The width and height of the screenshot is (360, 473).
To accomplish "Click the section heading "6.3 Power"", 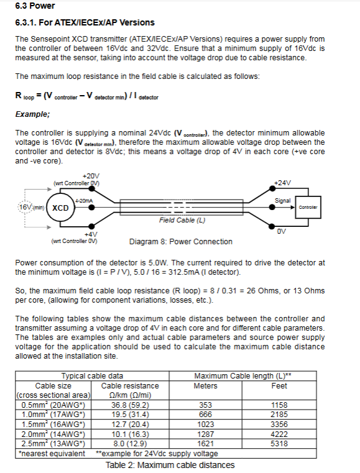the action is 35,6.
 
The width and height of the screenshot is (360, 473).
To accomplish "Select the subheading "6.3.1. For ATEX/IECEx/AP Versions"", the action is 85,22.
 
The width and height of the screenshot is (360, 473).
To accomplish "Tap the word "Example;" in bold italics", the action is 32,114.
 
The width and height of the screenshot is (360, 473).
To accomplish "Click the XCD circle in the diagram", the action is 60,208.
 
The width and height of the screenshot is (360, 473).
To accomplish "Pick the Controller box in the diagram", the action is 308,207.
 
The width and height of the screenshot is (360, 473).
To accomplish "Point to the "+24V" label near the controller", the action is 282,183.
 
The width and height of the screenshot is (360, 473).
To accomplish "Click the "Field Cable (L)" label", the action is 182,220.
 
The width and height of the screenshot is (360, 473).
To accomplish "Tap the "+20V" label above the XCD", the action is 91,176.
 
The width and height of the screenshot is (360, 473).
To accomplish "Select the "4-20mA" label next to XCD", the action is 84,201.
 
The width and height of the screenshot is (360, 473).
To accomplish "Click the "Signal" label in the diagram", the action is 282,201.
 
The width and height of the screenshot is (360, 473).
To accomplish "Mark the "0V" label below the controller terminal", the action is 281,231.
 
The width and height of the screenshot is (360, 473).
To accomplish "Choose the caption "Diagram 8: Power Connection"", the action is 181,242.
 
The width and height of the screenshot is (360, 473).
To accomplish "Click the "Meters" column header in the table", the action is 205,386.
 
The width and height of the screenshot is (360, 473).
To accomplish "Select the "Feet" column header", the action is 279,386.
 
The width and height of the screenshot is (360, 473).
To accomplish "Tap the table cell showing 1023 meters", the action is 206,425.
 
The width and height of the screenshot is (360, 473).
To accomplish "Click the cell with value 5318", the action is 279,444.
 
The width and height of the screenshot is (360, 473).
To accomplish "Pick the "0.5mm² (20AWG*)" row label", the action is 53,405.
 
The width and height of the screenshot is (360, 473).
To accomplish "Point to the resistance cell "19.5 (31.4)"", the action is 130,415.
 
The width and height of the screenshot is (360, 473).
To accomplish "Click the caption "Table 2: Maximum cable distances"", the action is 170,465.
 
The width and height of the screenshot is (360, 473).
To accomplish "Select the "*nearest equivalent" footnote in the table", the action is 52,454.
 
